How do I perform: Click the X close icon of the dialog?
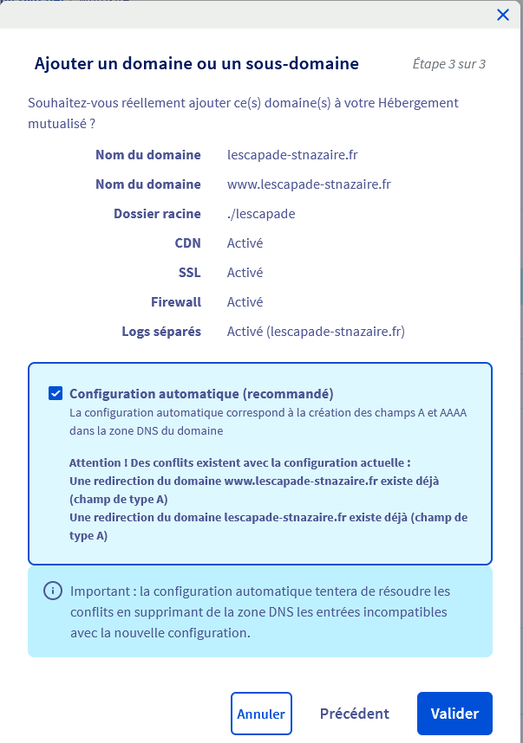(502, 15)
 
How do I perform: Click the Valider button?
(454, 714)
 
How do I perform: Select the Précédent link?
(354, 714)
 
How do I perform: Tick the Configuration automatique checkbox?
(56, 393)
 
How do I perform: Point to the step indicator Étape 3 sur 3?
(448, 64)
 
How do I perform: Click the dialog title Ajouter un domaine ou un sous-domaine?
(196, 63)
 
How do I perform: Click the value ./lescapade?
(261, 214)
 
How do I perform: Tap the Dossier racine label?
(157, 214)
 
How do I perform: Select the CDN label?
(187, 243)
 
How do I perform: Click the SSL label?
(189, 273)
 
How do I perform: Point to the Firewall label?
(176, 302)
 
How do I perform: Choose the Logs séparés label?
(161, 332)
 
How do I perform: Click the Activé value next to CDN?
(245, 243)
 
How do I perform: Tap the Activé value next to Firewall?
(245, 302)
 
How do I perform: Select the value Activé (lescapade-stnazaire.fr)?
(316, 332)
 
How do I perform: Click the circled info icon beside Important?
(53, 591)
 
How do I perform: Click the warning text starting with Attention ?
(239, 462)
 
